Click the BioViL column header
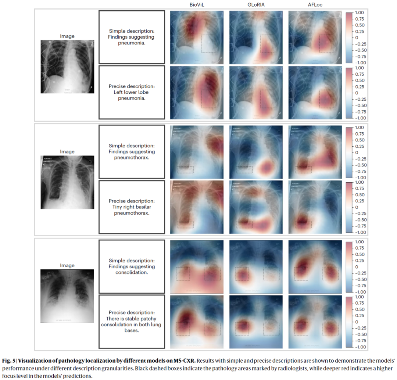coord(197,4)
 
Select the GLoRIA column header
coord(256,4)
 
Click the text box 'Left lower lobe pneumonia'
coord(132,92)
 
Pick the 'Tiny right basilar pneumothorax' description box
coord(132,207)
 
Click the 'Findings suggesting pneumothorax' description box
coord(132,151)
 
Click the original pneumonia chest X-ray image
coord(67,67)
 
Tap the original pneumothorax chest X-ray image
coord(67,182)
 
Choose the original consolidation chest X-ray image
coord(67,296)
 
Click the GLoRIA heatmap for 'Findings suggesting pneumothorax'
coord(256,151)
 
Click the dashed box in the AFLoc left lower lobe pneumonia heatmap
coord(326,99)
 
